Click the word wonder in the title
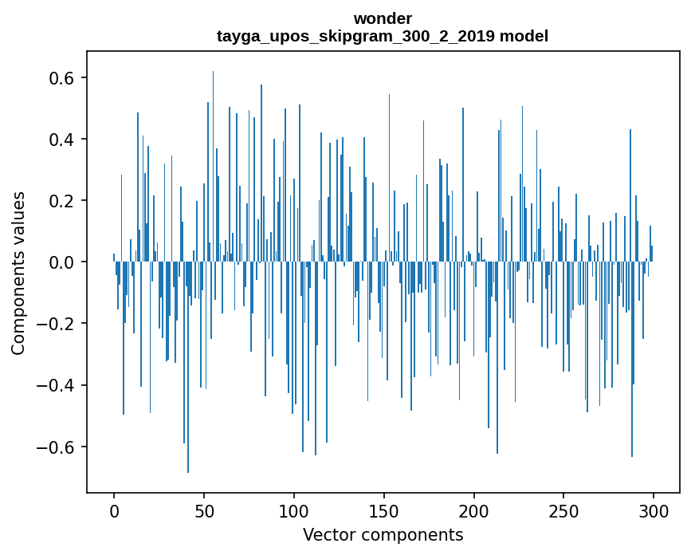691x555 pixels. pos(383,18)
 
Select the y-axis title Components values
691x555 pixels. pos(18,273)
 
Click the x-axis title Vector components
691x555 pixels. pos(383,534)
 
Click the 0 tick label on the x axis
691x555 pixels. pos(114,510)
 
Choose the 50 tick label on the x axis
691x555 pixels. pos(204,510)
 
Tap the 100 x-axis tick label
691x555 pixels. pos(294,510)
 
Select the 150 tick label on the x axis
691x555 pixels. pos(384,510)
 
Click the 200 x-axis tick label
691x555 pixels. pos(474,510)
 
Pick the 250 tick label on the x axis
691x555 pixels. pos(563,510)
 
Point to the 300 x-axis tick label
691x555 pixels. pos(654,510)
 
